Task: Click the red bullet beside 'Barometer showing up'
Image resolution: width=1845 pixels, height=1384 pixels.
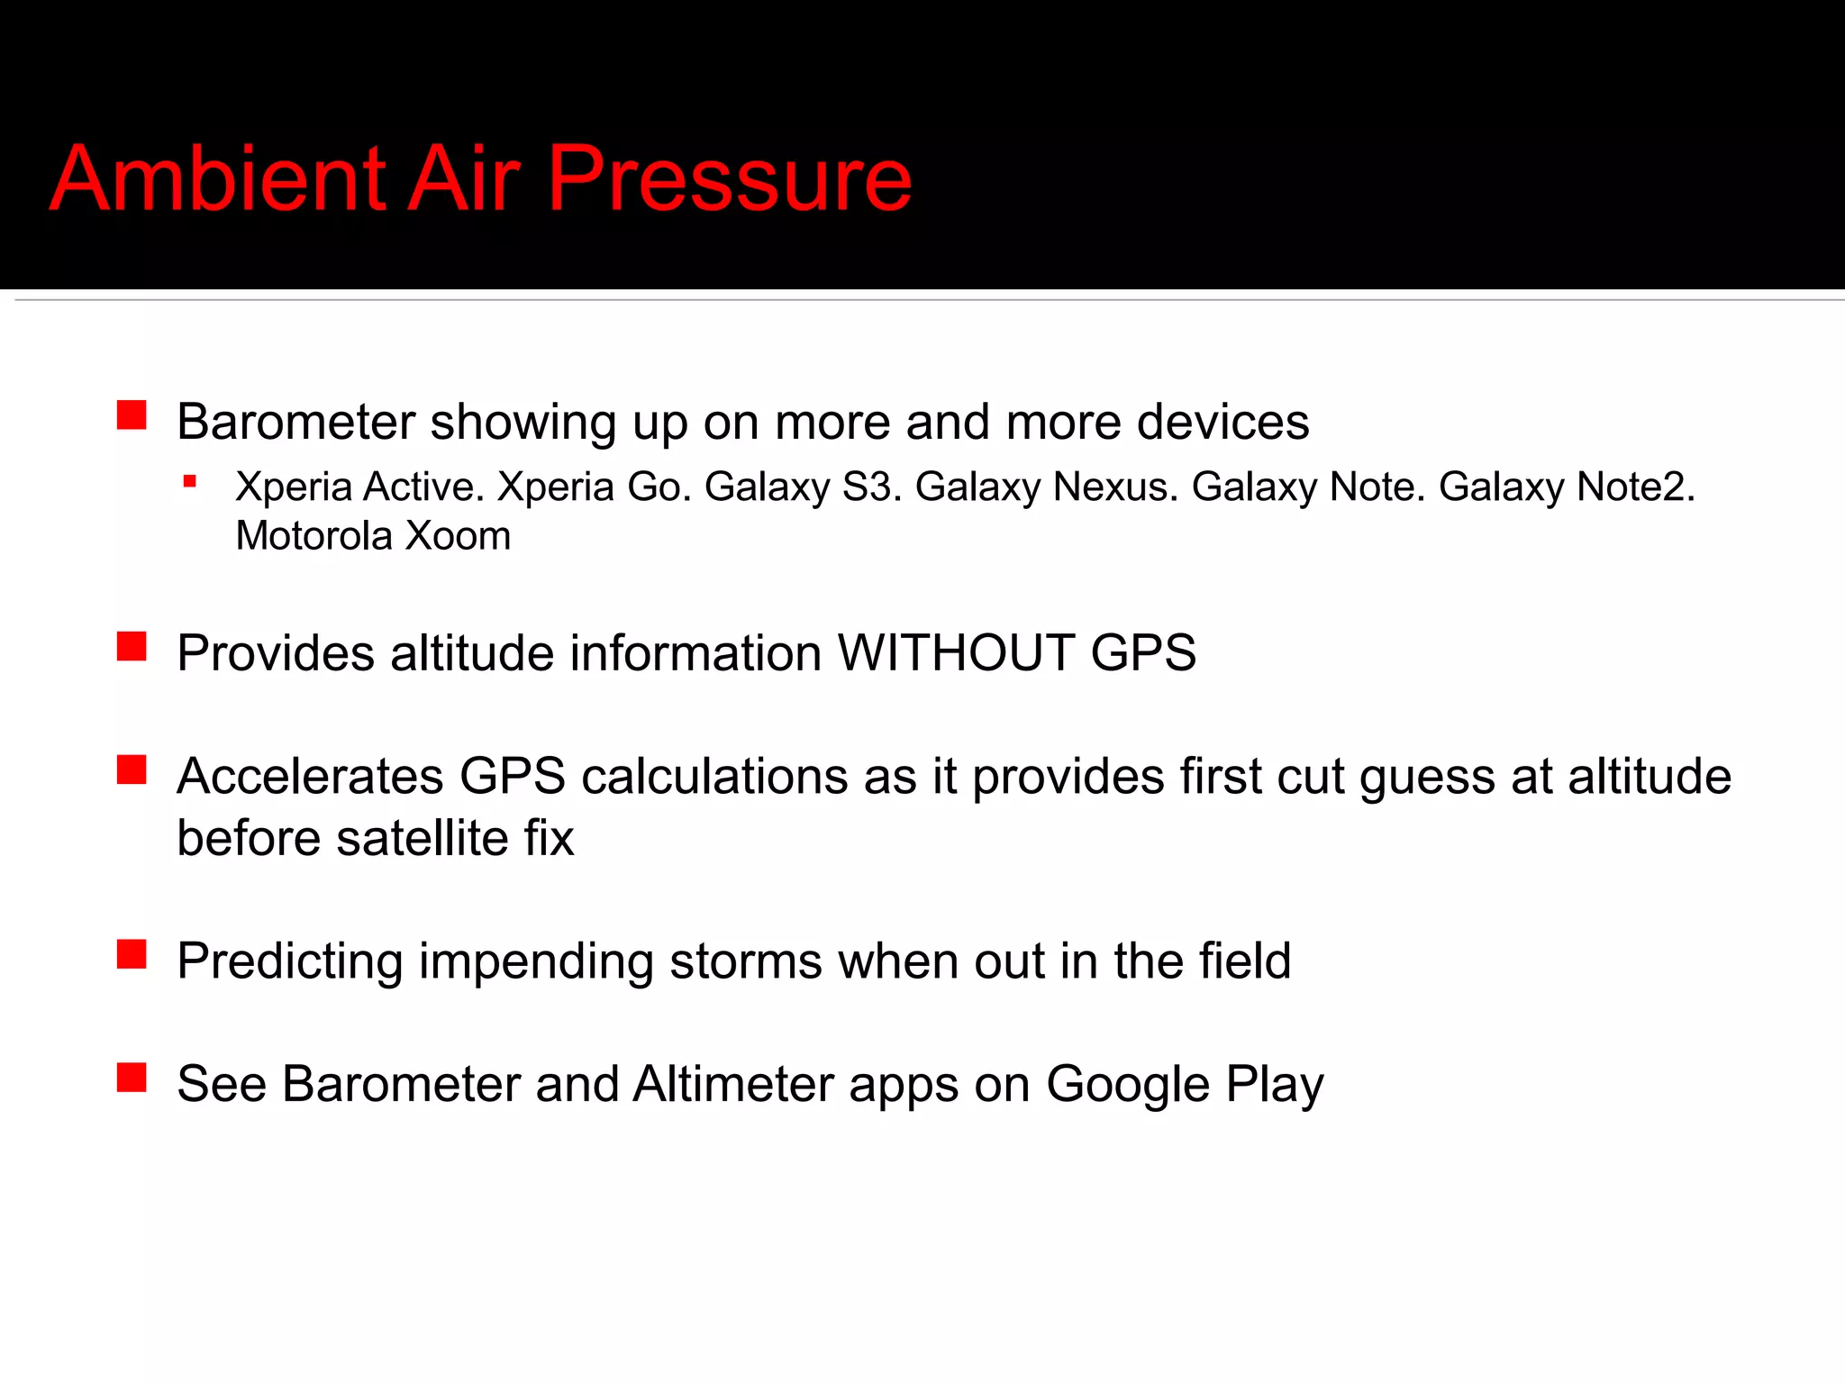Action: click(x=132, y=415)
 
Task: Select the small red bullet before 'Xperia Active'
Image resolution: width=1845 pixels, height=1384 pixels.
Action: click(x=189, y=482)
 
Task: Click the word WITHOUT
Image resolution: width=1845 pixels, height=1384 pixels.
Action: click(x=956, y=652)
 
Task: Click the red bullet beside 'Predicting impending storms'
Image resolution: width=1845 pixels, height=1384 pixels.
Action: click(x=132, y=953)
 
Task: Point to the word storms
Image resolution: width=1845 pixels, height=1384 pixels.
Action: click(x=746, y=961)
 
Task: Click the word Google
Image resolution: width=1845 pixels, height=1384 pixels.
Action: click(x=1127, y=1085)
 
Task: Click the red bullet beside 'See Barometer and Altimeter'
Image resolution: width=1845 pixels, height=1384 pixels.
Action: click(x=132, y=1077)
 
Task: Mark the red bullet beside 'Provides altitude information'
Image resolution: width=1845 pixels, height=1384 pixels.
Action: click(x=132, y=646)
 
